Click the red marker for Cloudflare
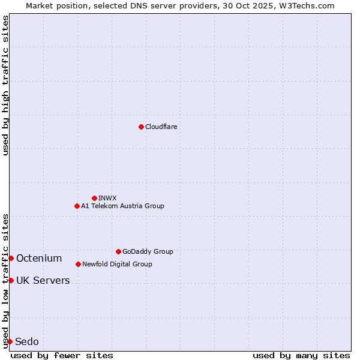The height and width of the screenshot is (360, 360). point(141,127)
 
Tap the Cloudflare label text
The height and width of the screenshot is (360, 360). point(161,127)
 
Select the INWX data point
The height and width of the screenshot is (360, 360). point(94,198)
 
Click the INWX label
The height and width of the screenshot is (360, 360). point(107,198)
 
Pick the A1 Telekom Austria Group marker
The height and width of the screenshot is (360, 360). point(77,206)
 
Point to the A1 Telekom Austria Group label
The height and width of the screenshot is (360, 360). point(122,206)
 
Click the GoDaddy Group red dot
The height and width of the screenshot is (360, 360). point(118,251)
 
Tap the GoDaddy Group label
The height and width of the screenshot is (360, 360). point(148,251)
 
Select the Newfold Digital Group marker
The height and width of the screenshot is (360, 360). point(78,264)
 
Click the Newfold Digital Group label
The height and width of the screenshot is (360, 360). point(117,264)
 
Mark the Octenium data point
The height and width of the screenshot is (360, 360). point(11,258)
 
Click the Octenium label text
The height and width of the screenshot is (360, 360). point(39,259)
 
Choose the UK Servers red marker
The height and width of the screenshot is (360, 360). point(11,280)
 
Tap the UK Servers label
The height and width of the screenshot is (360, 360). point(43,281)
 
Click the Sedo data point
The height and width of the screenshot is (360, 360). point(10,341)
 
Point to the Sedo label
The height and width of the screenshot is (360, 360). point(27,342)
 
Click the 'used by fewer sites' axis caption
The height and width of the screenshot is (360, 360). point(62,355)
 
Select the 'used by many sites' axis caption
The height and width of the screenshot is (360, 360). point(301,355)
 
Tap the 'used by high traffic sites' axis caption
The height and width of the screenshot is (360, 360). point(5,85)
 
